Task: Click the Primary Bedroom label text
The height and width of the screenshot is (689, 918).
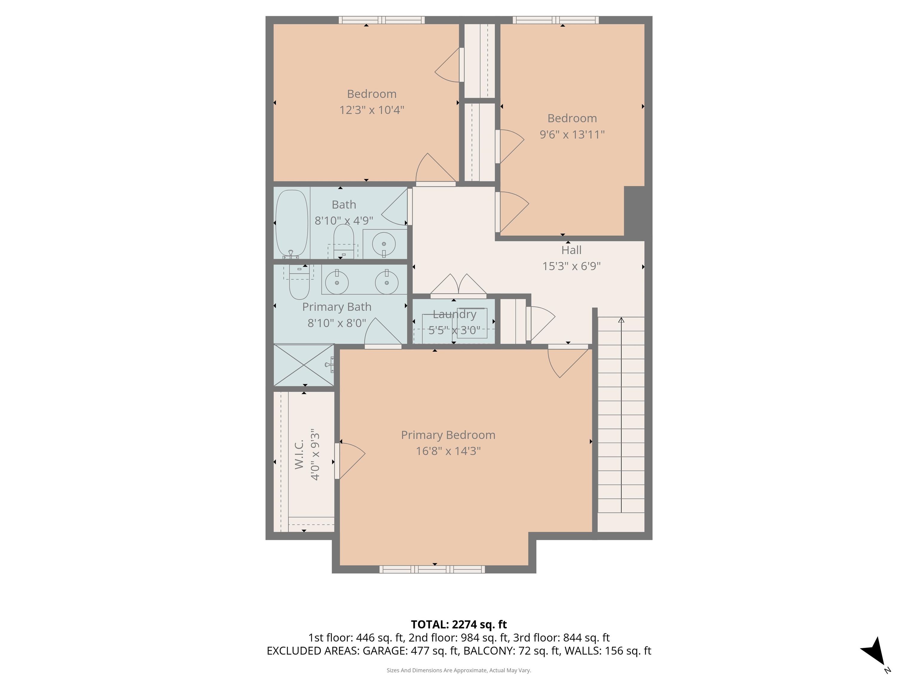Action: (448, 435)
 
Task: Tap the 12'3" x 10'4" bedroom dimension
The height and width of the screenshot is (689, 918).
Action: (371, 110)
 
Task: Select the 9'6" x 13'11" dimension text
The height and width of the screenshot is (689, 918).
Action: (572, 135)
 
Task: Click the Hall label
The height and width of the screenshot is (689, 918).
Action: (571, 250)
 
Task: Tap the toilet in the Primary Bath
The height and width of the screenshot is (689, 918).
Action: (299, 284)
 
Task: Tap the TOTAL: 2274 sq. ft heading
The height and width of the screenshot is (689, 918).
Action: (459, 624)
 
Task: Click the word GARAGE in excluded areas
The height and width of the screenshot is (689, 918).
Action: (384, 651)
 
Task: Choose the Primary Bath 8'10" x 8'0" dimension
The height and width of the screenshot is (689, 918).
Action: (336, 323)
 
